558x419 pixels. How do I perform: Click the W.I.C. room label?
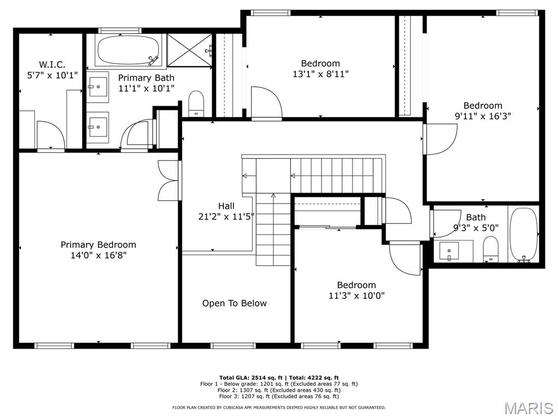click(52, 64)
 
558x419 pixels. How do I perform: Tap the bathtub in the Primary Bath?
click(126, 50)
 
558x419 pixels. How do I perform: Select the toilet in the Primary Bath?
click(196, 103)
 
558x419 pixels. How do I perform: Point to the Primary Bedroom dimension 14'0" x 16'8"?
click(98, 255)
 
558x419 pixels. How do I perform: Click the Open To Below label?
click(234, 303)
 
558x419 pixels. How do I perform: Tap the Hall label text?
click(226, 206)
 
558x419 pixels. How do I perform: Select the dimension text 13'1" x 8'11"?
click(320, 74)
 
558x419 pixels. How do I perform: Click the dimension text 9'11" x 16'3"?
click(483, 116)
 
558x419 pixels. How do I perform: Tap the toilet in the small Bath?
click(490, 249)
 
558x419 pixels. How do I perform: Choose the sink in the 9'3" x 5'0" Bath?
click(449, 251)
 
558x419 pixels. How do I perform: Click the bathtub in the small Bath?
click(524, 235)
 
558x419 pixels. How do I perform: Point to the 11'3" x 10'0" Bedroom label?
click(356, 285)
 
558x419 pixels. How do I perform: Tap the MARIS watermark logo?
click(528, 408)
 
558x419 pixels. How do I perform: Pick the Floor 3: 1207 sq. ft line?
click(278, 397)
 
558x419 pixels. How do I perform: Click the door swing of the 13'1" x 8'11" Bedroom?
click(266, 101)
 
